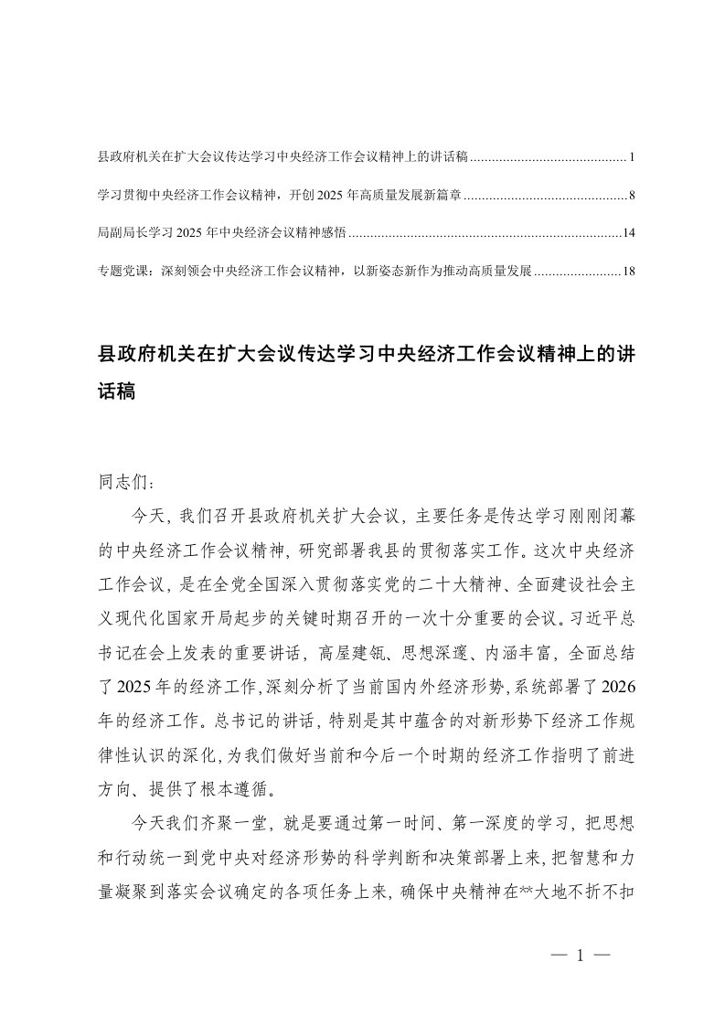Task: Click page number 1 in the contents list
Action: [x=632, y=157]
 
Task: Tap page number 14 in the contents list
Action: [x=628, y=233]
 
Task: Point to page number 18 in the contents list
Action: [x=628, y=271]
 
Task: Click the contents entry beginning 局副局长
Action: [x=220, y=233]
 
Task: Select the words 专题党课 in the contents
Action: [x=123, y=271]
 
